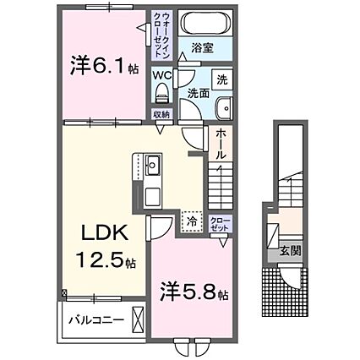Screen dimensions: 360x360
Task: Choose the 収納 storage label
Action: click(x=161, y=114)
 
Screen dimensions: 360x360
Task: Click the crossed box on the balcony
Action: click(x=139, y=321)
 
